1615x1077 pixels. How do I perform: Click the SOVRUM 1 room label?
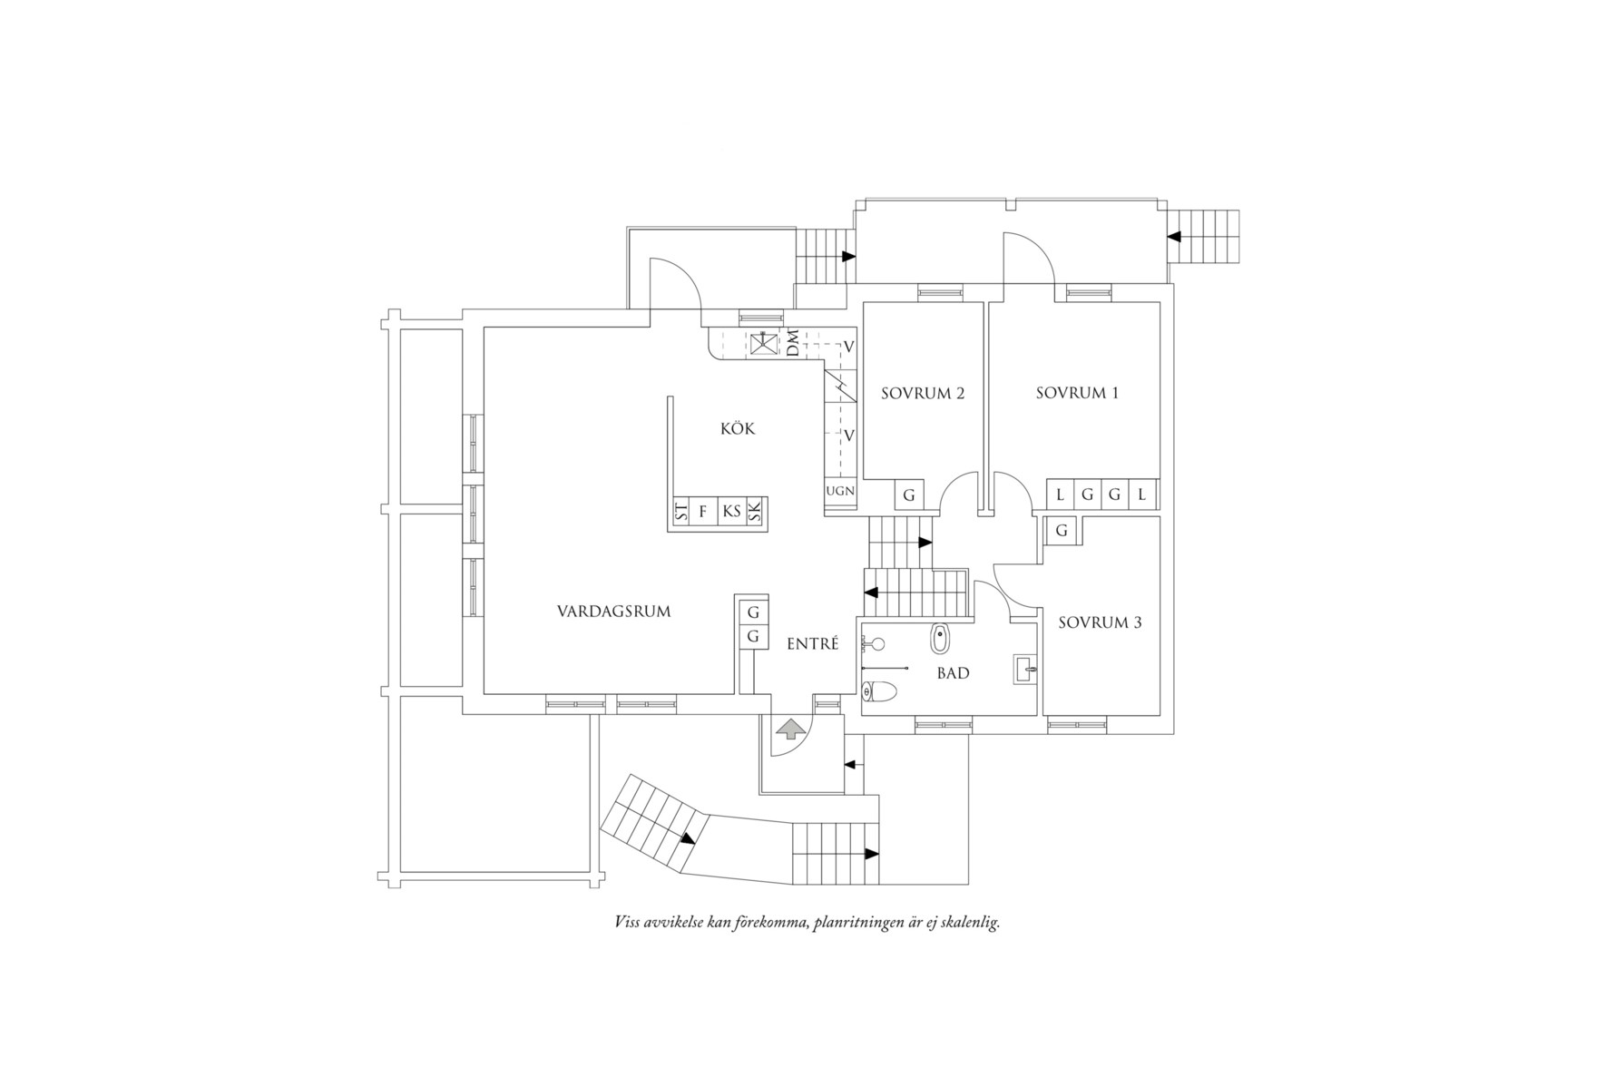tap(1077, 393)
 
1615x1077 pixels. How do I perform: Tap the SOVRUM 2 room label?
tap(923, 393)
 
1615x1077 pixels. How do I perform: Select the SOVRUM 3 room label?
tap(1100, 622)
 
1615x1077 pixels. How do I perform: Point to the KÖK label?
tap(738, 428)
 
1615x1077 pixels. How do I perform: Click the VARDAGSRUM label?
tap(613, 612)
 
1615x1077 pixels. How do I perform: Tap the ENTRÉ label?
tap(812, 644)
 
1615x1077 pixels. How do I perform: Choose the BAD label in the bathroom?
tap(953, 673)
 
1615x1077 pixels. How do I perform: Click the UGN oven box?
tap(840, 491)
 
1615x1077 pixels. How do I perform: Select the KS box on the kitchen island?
tap(731, 512)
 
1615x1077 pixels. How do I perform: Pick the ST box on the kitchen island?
tap(680, 512)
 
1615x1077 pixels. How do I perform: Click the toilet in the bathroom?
tap(878, 693)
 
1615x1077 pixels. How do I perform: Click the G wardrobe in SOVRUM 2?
tap(908, 495)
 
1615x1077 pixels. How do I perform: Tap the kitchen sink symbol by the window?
tap(762, 345)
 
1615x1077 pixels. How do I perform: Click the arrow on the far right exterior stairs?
tap(1174, 237)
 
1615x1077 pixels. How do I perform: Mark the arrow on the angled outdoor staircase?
tap(689, 838)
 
